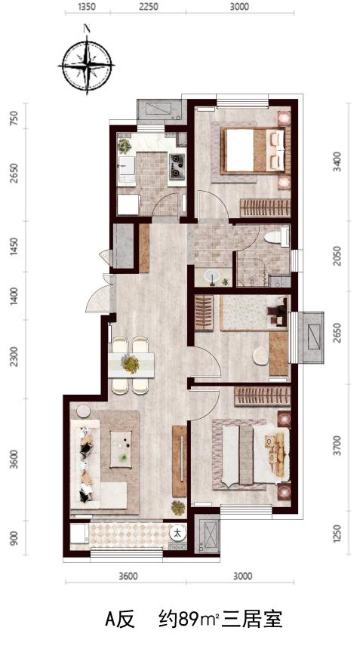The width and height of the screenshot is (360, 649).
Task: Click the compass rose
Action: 87,65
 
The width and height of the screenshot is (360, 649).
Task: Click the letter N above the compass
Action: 87,29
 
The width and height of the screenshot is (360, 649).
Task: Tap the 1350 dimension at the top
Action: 87,7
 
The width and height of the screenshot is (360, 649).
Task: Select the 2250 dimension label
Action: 149,7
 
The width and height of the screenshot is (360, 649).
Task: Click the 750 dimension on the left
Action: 15,118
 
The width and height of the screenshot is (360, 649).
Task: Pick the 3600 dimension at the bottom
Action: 127,576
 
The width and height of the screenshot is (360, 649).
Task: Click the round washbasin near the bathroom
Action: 212,275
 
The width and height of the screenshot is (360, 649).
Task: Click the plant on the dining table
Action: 131,364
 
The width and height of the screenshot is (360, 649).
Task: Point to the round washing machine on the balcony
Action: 178,532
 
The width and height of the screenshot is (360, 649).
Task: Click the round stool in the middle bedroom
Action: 260,356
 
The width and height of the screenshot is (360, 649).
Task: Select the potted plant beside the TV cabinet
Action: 178,508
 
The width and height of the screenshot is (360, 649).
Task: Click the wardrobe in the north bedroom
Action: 265,208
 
